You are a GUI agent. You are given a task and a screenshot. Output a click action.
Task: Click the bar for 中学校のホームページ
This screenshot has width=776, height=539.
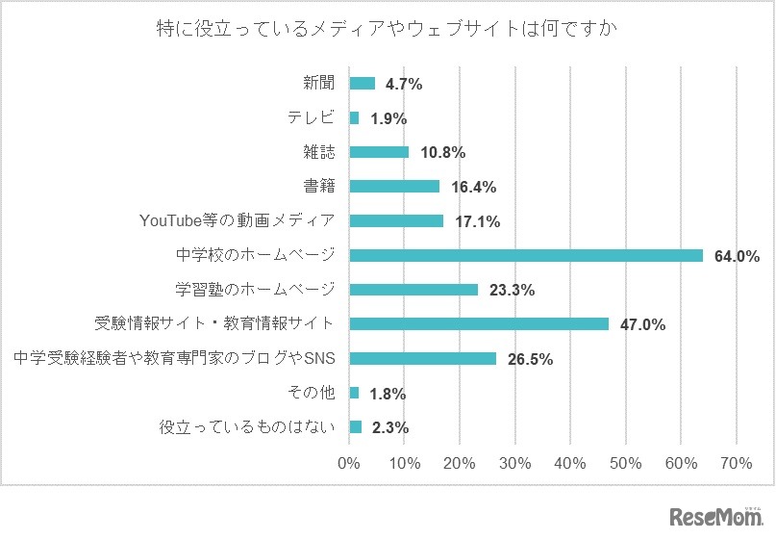click(526, 255)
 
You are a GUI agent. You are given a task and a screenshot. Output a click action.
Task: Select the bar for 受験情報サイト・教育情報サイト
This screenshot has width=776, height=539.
click(479, 324)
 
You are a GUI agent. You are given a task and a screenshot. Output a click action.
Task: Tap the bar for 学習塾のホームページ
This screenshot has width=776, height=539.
click(413, 290)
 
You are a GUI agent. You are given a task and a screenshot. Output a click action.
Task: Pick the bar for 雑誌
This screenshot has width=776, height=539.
click(379, 152)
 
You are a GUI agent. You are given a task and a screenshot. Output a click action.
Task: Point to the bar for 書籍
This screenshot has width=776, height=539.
click(394, 187)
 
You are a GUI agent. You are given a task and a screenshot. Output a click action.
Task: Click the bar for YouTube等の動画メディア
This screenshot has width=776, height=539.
click(396, 221)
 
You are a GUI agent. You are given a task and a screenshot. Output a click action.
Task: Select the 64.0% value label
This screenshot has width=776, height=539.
click(737, 256)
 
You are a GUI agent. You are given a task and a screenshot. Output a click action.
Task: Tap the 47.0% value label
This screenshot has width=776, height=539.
click(642, 325)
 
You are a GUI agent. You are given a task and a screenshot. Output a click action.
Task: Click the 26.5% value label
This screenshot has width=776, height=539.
click(529, 360)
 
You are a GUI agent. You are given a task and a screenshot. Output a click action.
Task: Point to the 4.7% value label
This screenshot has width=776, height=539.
click(404, 85)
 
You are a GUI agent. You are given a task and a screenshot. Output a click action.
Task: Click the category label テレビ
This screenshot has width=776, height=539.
click(311, 117)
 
